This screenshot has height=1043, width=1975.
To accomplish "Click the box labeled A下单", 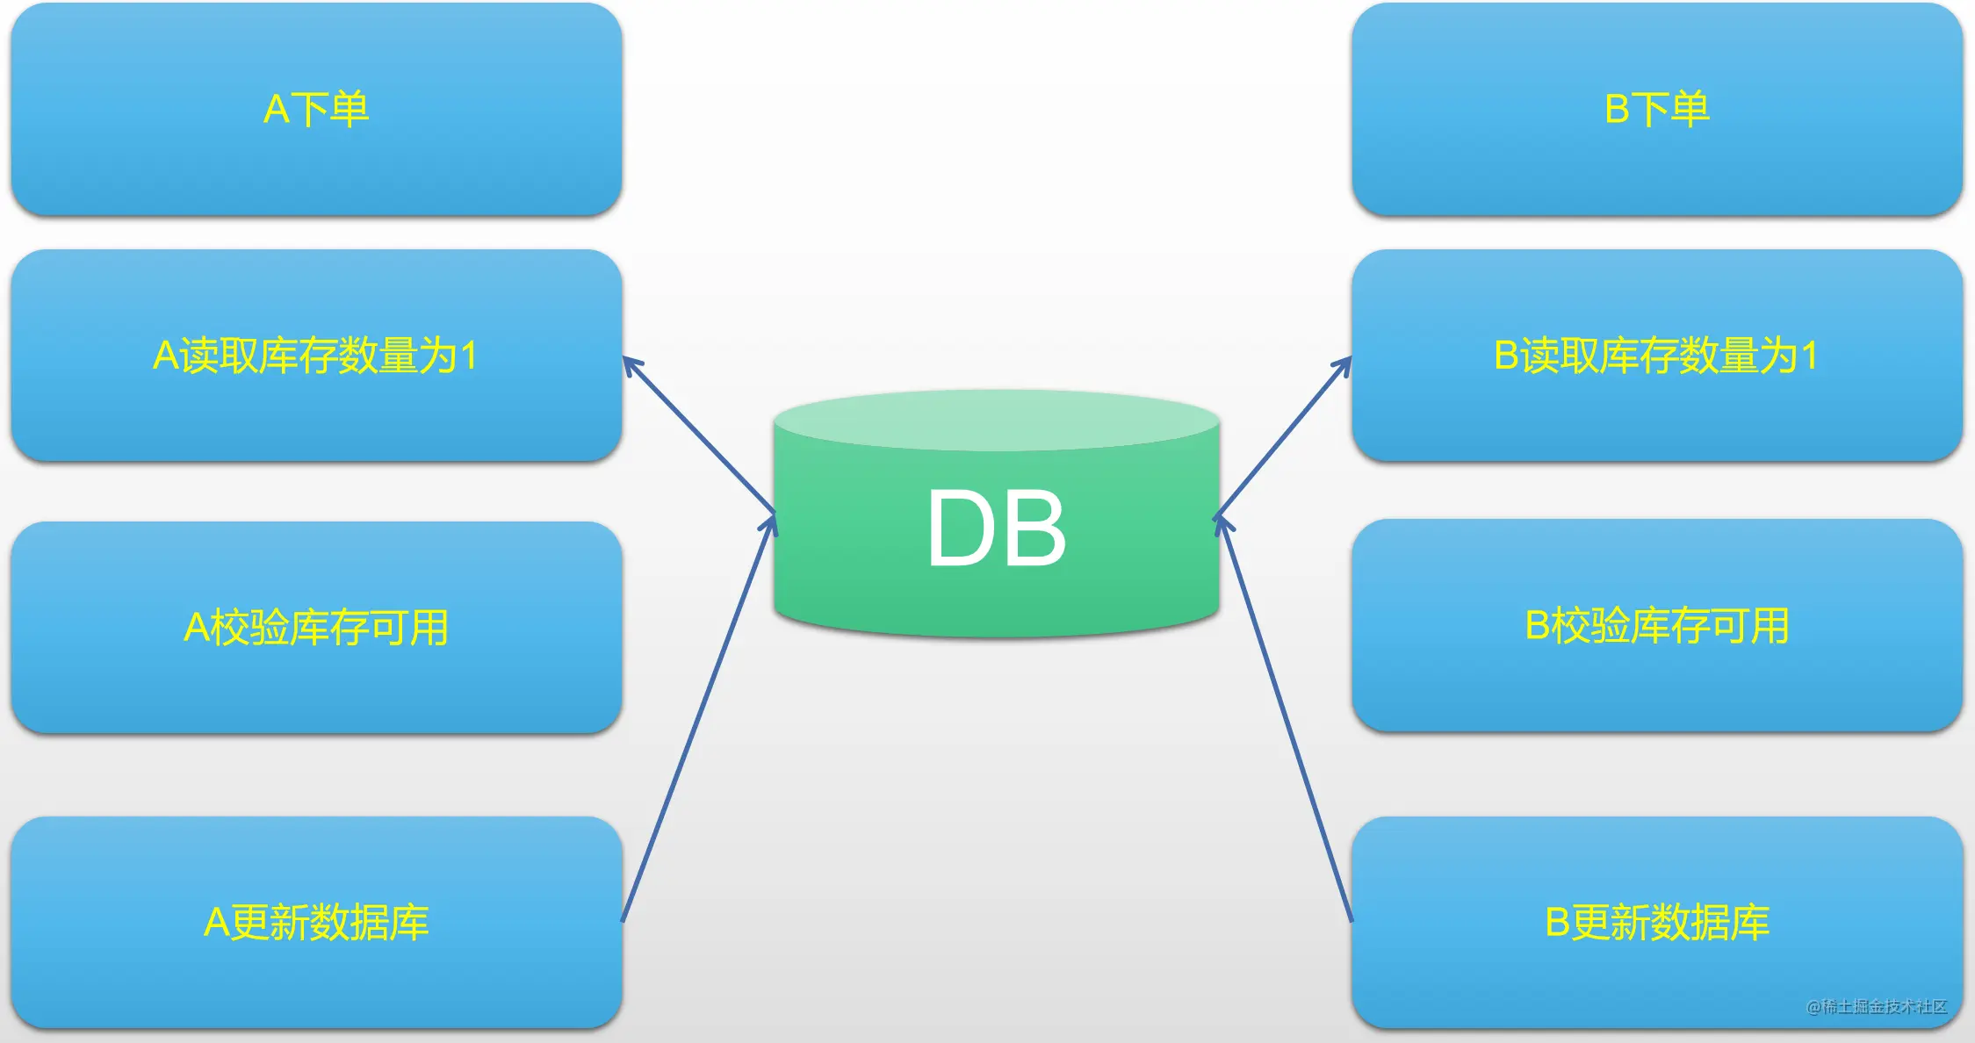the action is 316,109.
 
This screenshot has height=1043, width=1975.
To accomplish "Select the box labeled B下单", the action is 1657,109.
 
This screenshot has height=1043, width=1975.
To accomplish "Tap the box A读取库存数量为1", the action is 316,356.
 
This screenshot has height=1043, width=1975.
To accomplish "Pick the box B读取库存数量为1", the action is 1657,356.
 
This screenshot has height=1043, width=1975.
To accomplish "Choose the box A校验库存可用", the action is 316,627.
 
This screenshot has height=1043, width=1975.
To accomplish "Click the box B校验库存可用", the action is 1657,625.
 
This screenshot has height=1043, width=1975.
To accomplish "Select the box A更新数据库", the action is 316,922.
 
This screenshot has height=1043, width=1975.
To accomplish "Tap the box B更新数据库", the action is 1657,922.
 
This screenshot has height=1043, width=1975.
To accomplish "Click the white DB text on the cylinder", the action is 997,528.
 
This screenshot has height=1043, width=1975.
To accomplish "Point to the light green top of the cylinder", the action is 997,421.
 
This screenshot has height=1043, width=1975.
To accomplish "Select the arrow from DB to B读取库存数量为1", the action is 1284,435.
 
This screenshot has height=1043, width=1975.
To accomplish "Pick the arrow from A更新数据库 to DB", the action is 699,718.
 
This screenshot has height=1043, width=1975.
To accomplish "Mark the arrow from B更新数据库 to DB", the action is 1284,719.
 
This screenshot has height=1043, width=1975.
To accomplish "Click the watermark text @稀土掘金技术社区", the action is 1877,1006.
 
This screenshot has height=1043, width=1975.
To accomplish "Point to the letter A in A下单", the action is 276,110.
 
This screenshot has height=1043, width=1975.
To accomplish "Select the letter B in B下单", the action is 1617,110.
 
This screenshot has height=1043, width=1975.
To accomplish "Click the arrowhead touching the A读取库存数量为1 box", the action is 631,364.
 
